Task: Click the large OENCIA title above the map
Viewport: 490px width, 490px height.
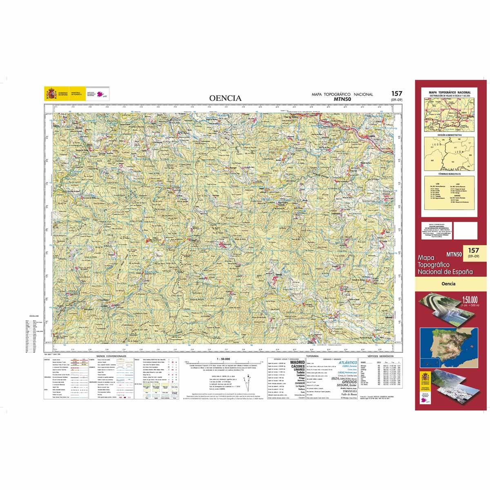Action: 225,98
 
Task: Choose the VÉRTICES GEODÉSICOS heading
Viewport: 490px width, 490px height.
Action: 379,356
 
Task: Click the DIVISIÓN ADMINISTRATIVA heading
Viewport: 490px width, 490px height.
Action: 449,134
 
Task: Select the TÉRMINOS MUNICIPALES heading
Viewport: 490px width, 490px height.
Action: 449,174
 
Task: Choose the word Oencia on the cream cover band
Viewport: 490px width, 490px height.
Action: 448,285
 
